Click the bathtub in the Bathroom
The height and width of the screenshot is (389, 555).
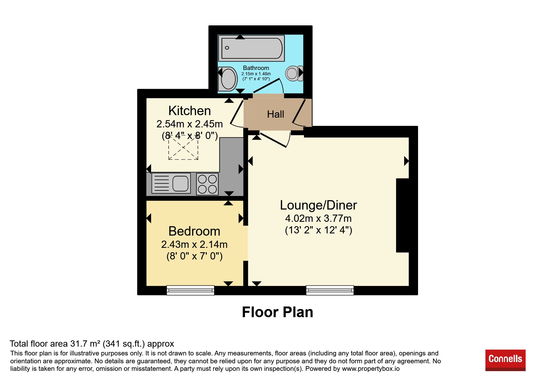(251, 48)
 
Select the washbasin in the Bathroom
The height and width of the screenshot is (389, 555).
(228, 79)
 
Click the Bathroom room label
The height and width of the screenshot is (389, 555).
(256, 68)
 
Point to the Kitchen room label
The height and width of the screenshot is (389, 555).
(190, 111)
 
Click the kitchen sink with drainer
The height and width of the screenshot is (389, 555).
(171, 183)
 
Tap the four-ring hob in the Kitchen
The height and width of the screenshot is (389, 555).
(207, 184)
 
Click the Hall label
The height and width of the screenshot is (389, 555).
(275, 114)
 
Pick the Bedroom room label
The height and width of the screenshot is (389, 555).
(194, 231)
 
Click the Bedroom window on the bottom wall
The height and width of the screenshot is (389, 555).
(191, 290)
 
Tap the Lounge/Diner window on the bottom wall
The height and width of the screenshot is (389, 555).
(330, 290)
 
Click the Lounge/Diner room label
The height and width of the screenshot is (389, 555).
(318, 205)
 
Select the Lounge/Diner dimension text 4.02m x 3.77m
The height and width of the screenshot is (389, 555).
(318, 218)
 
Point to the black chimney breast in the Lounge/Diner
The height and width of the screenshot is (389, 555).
(403, 215)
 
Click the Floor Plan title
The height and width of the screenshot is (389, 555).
(278, 312)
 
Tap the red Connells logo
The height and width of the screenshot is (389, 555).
(505, 360)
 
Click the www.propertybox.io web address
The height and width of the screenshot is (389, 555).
(371, 369)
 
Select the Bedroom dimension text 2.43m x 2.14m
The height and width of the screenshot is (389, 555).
(194, 244)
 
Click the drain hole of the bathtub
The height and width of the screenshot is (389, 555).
(227, 48)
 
